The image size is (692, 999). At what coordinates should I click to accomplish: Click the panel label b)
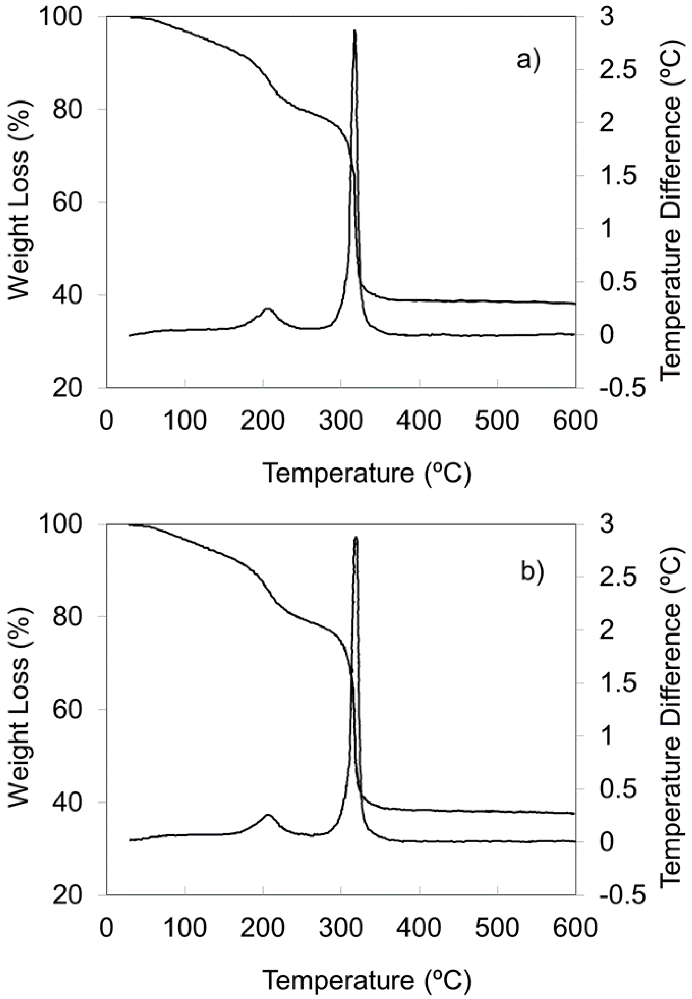(531, 571)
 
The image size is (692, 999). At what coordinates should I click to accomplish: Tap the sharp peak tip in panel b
(356, 538)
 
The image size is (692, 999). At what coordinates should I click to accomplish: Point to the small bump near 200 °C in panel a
(268, 309)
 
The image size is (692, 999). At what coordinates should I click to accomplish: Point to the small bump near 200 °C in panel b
(268, 815)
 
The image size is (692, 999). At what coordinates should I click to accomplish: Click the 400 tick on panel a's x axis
(419, 420)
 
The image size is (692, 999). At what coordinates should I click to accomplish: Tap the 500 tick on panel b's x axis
(497, 928)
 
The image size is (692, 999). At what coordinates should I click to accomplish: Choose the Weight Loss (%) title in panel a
(19, 202)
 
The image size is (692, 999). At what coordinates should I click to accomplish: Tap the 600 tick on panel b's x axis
(575, 928)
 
